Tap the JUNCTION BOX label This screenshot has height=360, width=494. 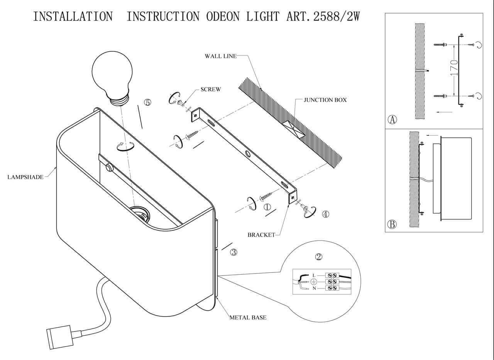click(325, 100)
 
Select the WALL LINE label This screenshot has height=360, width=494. click(220, 56)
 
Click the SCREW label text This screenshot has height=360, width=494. click(210, 89)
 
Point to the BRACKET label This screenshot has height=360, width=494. click(261, 235)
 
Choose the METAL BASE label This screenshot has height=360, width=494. click(248, 318)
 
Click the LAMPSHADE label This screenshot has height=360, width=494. click(25, 177)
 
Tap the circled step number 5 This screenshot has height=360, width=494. click(147, 102)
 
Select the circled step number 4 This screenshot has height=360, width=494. click(326, 214)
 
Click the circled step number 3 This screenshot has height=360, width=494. click(233, 252)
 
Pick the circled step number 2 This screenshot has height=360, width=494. click(319, 257)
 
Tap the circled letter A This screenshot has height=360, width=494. click(392, 120)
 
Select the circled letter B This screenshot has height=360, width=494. click(392, 224)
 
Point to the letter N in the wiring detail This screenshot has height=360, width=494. click(314, 288)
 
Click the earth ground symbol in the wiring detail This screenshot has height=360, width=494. click(314, 282)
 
